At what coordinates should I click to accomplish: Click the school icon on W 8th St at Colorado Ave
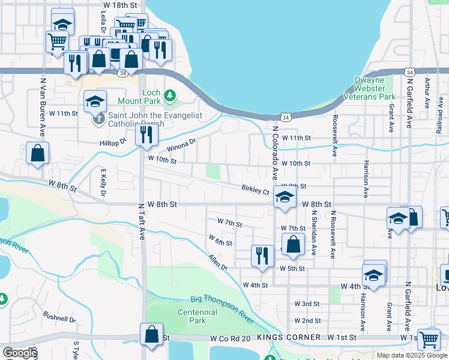[x=284, y=197]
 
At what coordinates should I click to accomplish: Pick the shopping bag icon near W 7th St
[x=293, y=244]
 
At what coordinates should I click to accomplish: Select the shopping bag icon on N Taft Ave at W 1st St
[x=152, y=333]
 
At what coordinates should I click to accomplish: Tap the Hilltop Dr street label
[x=113, y=143]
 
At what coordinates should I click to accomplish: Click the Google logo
[x=19, y=353]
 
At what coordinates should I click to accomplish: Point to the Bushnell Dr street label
[x=59, y=316]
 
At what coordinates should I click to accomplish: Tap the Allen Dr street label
[x=218, y=262]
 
